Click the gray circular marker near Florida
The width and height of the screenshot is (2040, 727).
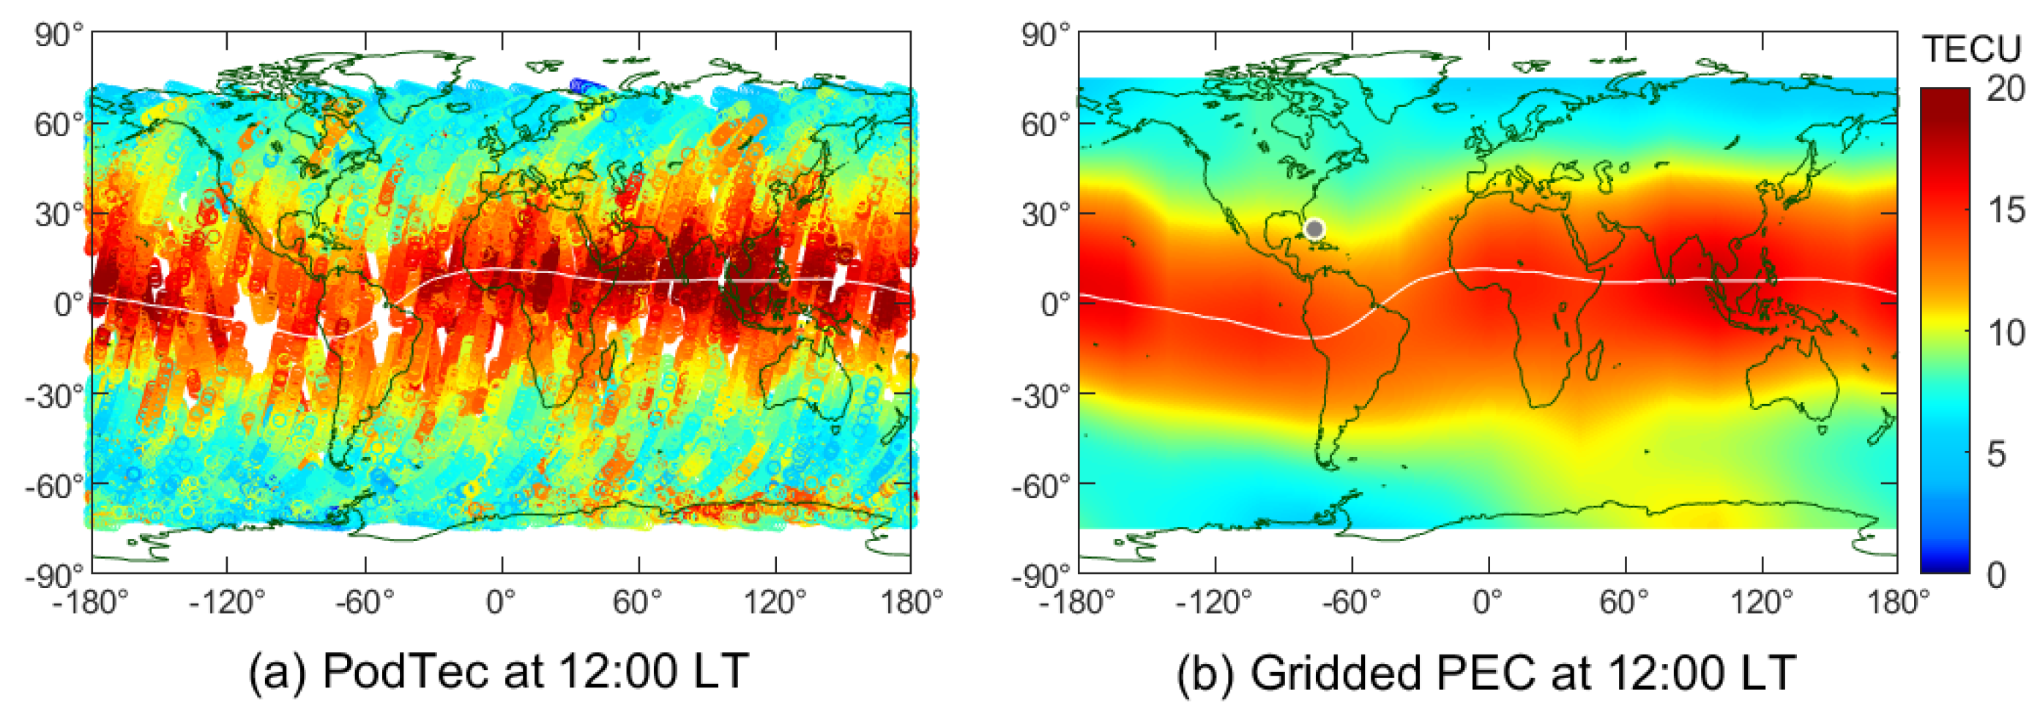click(x=1314, y=229)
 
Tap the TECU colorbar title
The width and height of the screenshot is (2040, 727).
click(x=1972, y=50)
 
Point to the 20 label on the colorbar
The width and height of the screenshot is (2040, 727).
click(x=2006, y=89)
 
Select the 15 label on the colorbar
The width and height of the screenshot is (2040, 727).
click(x=2006, y=211)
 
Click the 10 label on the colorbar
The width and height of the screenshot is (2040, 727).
click(x=2006, y=332)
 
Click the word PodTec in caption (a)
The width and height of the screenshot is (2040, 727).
click(x=406, y=671)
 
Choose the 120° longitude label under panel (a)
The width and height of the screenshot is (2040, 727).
click(x=774, y=603)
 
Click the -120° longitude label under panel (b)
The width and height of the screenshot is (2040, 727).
click(x=1213, y=603)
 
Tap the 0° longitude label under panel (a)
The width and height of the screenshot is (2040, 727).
click(x=502, y=603)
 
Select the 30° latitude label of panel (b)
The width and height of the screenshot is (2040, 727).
click(x=1046, y=215)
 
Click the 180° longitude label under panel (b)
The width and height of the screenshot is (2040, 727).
click(x=1897, y=603)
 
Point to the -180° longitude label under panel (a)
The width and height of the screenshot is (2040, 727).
click(x=90, y=603)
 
